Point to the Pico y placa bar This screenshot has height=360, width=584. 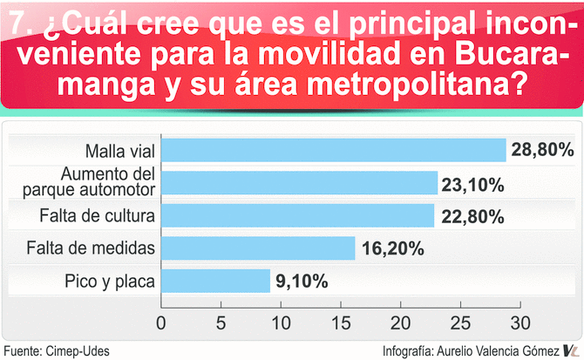point(216,281)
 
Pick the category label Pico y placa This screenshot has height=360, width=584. point(109,281)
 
